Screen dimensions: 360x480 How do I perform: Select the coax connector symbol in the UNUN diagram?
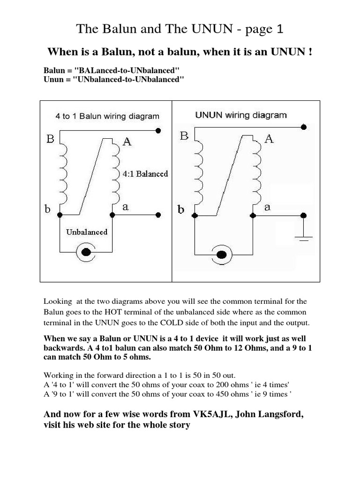[222, 255]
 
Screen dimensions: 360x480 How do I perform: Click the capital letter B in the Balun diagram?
[50, 139]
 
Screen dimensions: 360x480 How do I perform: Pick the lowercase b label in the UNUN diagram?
[181, 210]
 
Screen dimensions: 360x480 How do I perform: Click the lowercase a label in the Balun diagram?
[125, 206]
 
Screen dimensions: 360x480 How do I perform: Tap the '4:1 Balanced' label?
[145, 174]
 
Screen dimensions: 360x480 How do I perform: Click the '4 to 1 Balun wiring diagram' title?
[107, 116]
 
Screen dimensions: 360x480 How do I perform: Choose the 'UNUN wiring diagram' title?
[240, 115]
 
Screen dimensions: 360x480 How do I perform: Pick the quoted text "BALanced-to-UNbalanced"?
[127, 71]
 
